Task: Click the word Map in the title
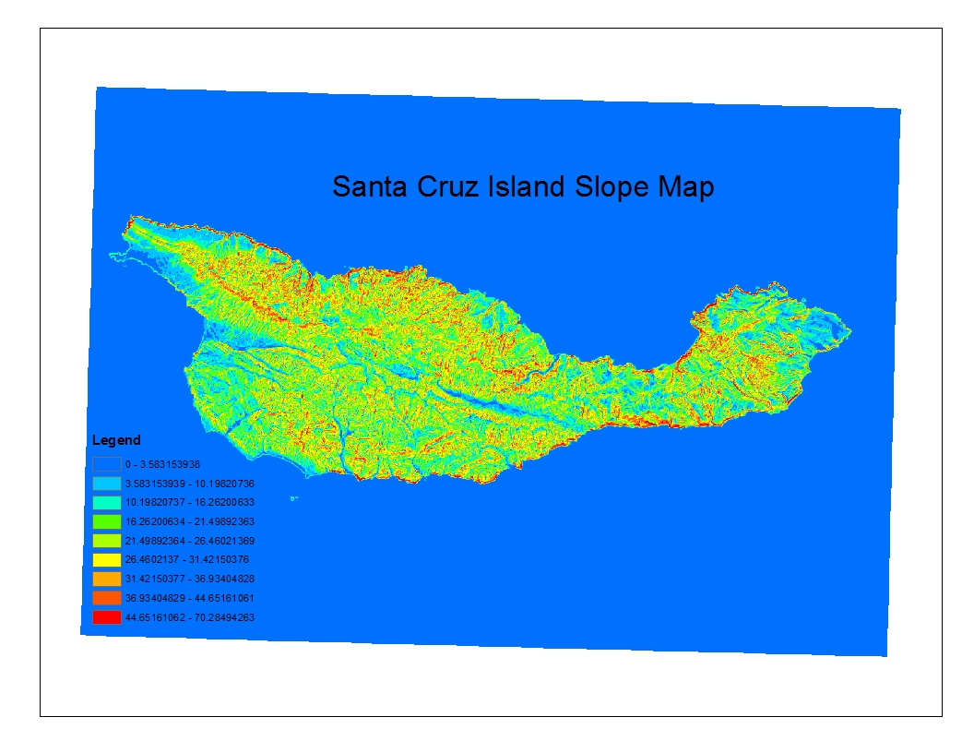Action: (x=684, y=187)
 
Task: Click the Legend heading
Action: (x=116, y=440)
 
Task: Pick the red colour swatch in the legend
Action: (x=106, y=617)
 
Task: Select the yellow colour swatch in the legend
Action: (x=106, y=559)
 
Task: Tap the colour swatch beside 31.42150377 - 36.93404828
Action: (x=106, y=579)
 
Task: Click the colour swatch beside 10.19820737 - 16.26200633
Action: (x=106, y=502)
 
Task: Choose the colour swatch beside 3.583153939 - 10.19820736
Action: (x=106, y=483)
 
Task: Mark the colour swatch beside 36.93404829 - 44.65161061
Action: (x=106, y=598)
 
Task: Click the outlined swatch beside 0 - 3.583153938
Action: (x=106, y=463)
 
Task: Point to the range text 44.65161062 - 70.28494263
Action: (x=189, y=617)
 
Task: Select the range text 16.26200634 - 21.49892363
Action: (x=189, y=521)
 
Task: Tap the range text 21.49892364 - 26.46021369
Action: (x=189, y=541)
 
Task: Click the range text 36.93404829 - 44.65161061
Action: (x=189, y=598)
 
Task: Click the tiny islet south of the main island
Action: (x=294, y=499)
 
